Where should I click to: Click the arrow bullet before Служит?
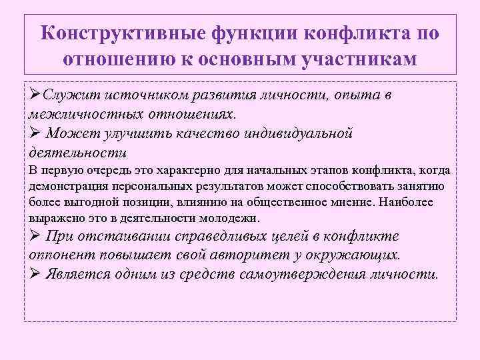click(35, 95)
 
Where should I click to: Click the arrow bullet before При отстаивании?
click(35, 236)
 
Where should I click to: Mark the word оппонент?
click(59, 255)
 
